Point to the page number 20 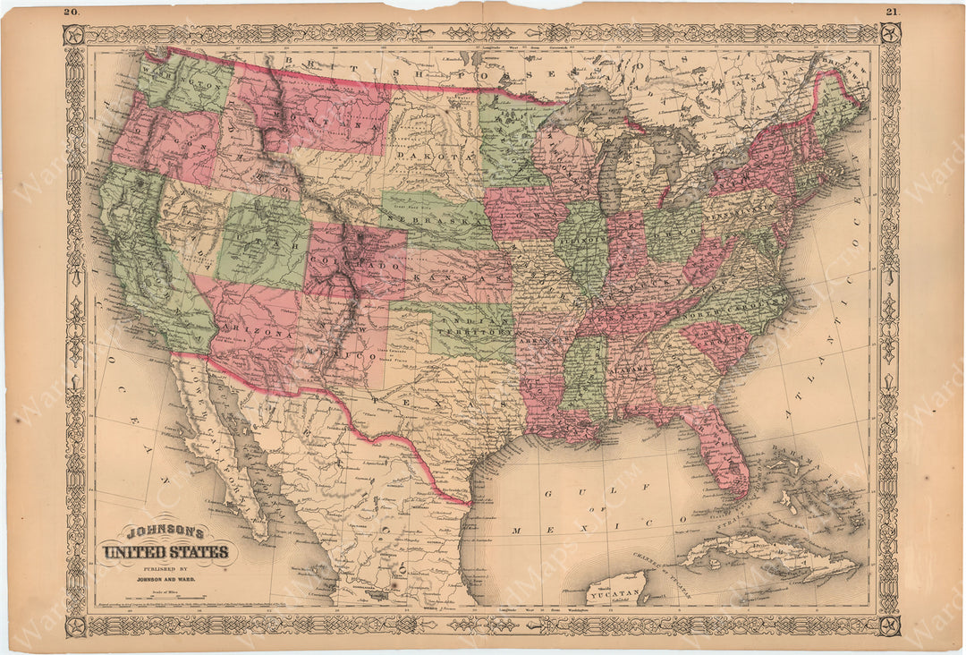72,12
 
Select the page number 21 892,12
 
